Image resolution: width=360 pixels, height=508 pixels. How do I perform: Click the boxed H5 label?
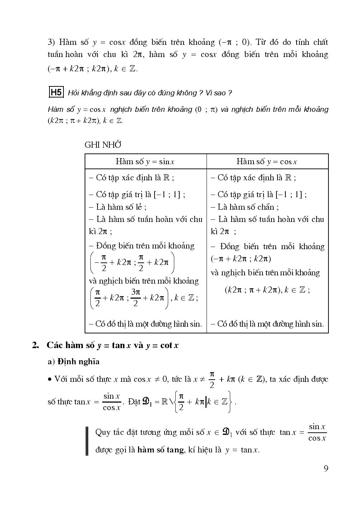56,92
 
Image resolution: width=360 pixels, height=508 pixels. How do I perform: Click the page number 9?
326,468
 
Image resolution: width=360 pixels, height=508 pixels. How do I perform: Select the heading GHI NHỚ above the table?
103,144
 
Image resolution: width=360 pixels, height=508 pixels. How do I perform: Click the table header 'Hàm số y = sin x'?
145,161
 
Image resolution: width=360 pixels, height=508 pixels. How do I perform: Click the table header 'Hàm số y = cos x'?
267,161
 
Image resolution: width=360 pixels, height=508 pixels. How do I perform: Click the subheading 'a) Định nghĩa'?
74,361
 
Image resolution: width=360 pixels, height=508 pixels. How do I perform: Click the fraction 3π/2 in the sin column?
136,298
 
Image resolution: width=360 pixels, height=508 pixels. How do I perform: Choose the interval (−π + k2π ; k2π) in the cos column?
241,258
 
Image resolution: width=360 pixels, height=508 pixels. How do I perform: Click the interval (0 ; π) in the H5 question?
206,109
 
